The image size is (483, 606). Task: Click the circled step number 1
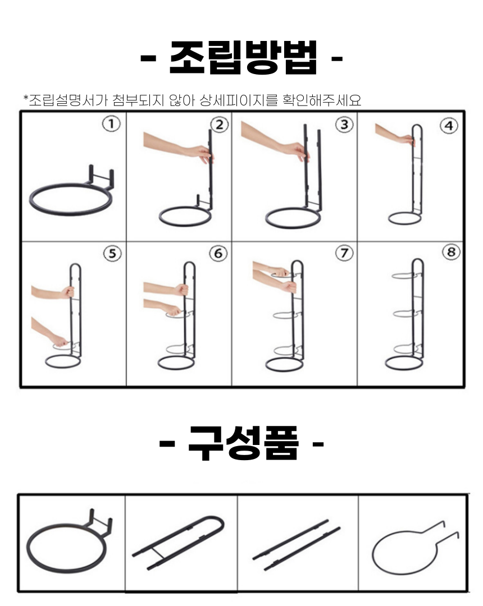click(111, 124)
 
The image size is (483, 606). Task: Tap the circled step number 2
click(220, 125)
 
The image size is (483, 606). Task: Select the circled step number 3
click(344, 125)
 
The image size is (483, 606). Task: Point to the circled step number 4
click(449, 126)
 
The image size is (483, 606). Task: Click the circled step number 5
click(112, 254)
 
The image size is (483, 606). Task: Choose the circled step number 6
click(218, 254)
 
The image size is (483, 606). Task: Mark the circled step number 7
click(344, 253)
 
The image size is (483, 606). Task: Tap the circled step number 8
click(452, 252)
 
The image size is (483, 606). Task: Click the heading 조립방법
click(243, 58)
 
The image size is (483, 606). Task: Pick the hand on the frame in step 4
click(407, 140)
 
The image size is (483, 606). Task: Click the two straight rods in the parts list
click(296, 545)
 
